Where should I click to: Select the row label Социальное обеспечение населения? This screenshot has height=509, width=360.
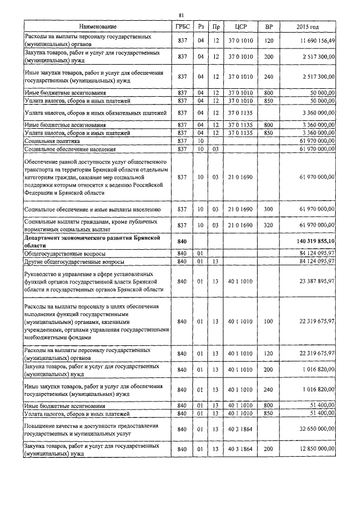pos(70,149)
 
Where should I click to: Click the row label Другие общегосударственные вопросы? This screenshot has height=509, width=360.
pos(74,262)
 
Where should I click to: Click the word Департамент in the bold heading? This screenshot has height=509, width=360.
pos(44,238)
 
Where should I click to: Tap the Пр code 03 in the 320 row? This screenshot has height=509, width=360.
pos(216,225)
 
